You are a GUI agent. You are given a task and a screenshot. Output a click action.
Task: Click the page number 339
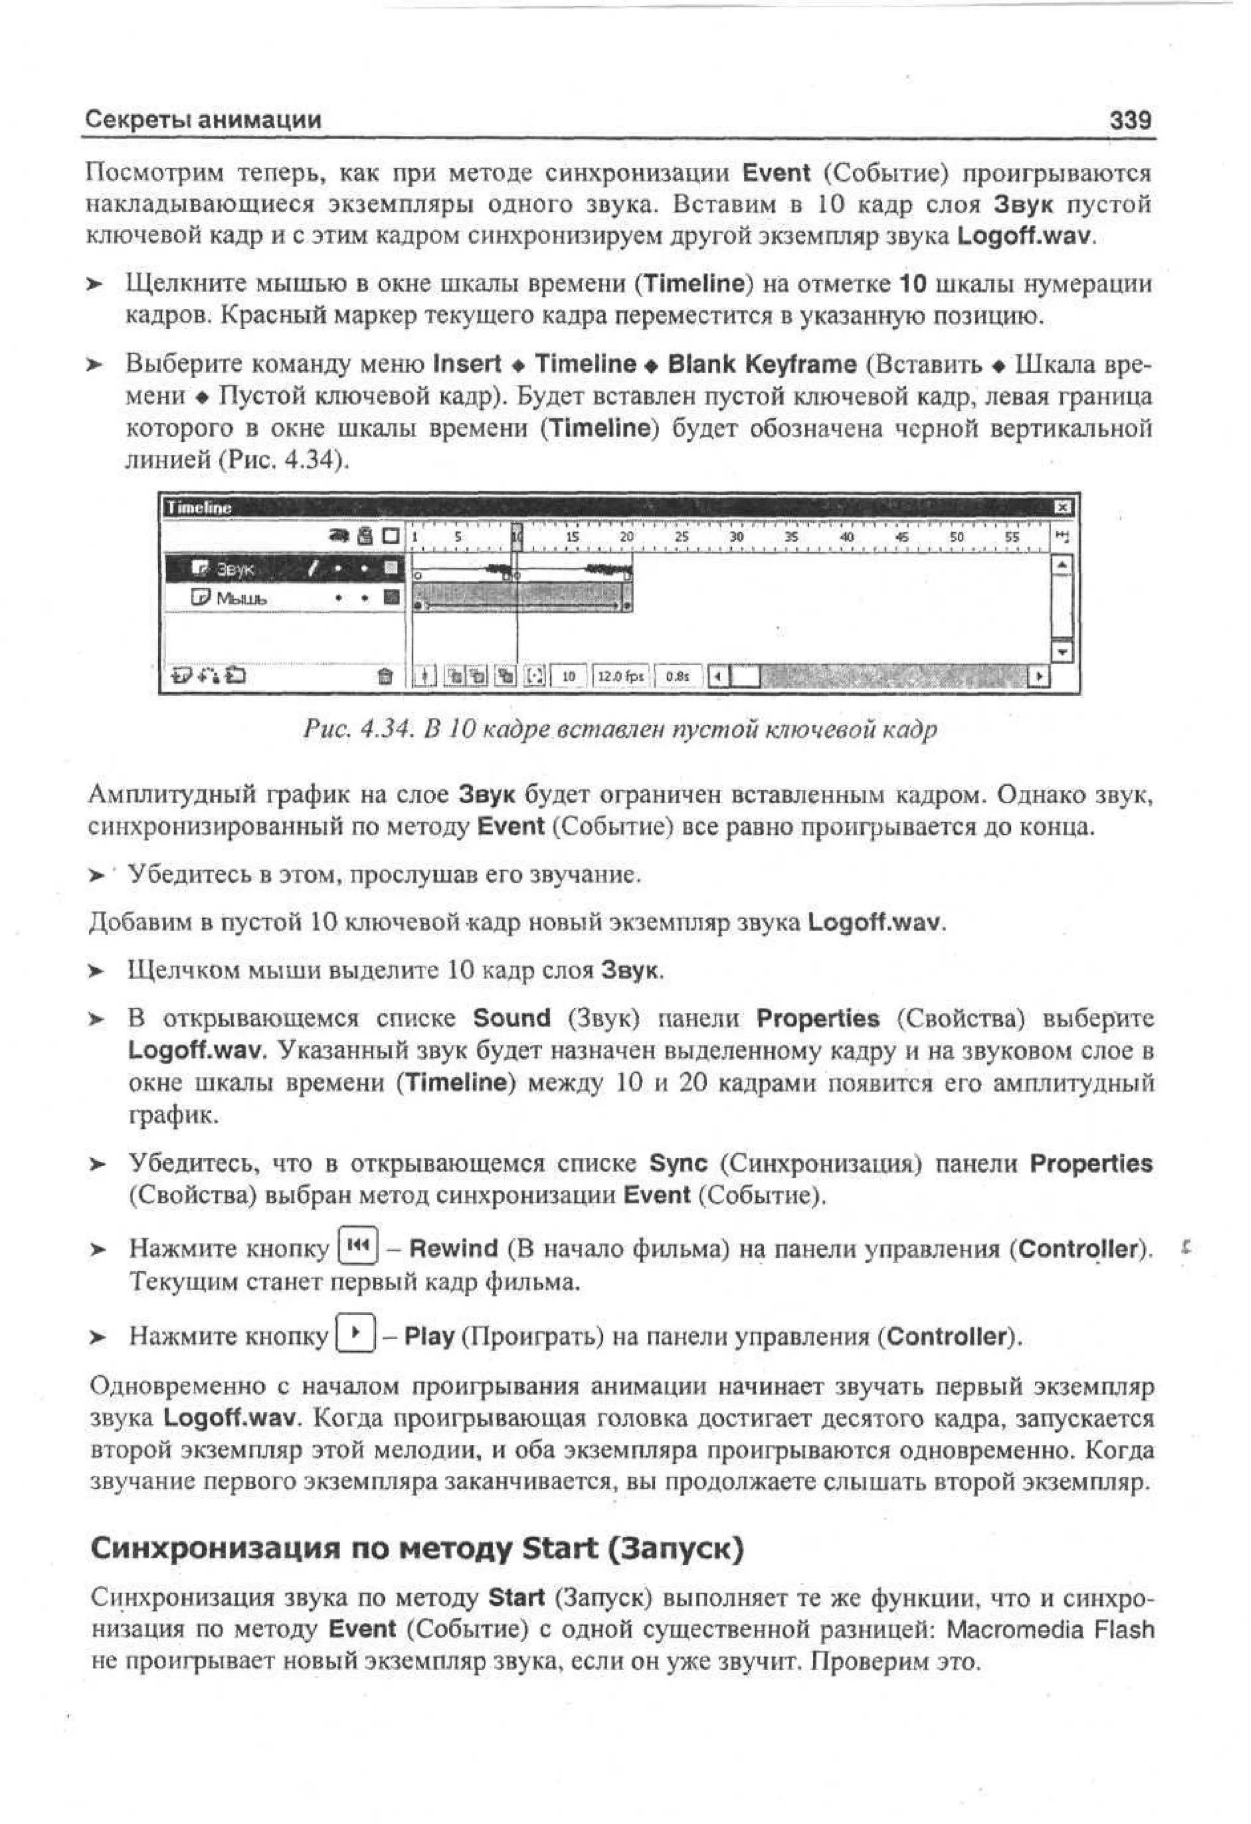coord(1129,120)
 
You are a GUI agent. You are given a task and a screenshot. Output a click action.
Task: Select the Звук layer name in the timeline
coord(235,569)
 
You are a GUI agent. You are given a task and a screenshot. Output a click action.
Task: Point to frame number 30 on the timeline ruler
coord(735,538)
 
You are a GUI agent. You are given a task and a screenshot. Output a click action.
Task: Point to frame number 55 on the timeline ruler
coord(1012,538)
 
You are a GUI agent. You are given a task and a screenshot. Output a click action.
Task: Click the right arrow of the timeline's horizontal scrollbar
coord(1040,676)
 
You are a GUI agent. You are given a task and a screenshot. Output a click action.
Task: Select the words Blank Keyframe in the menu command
coord(762,364)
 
